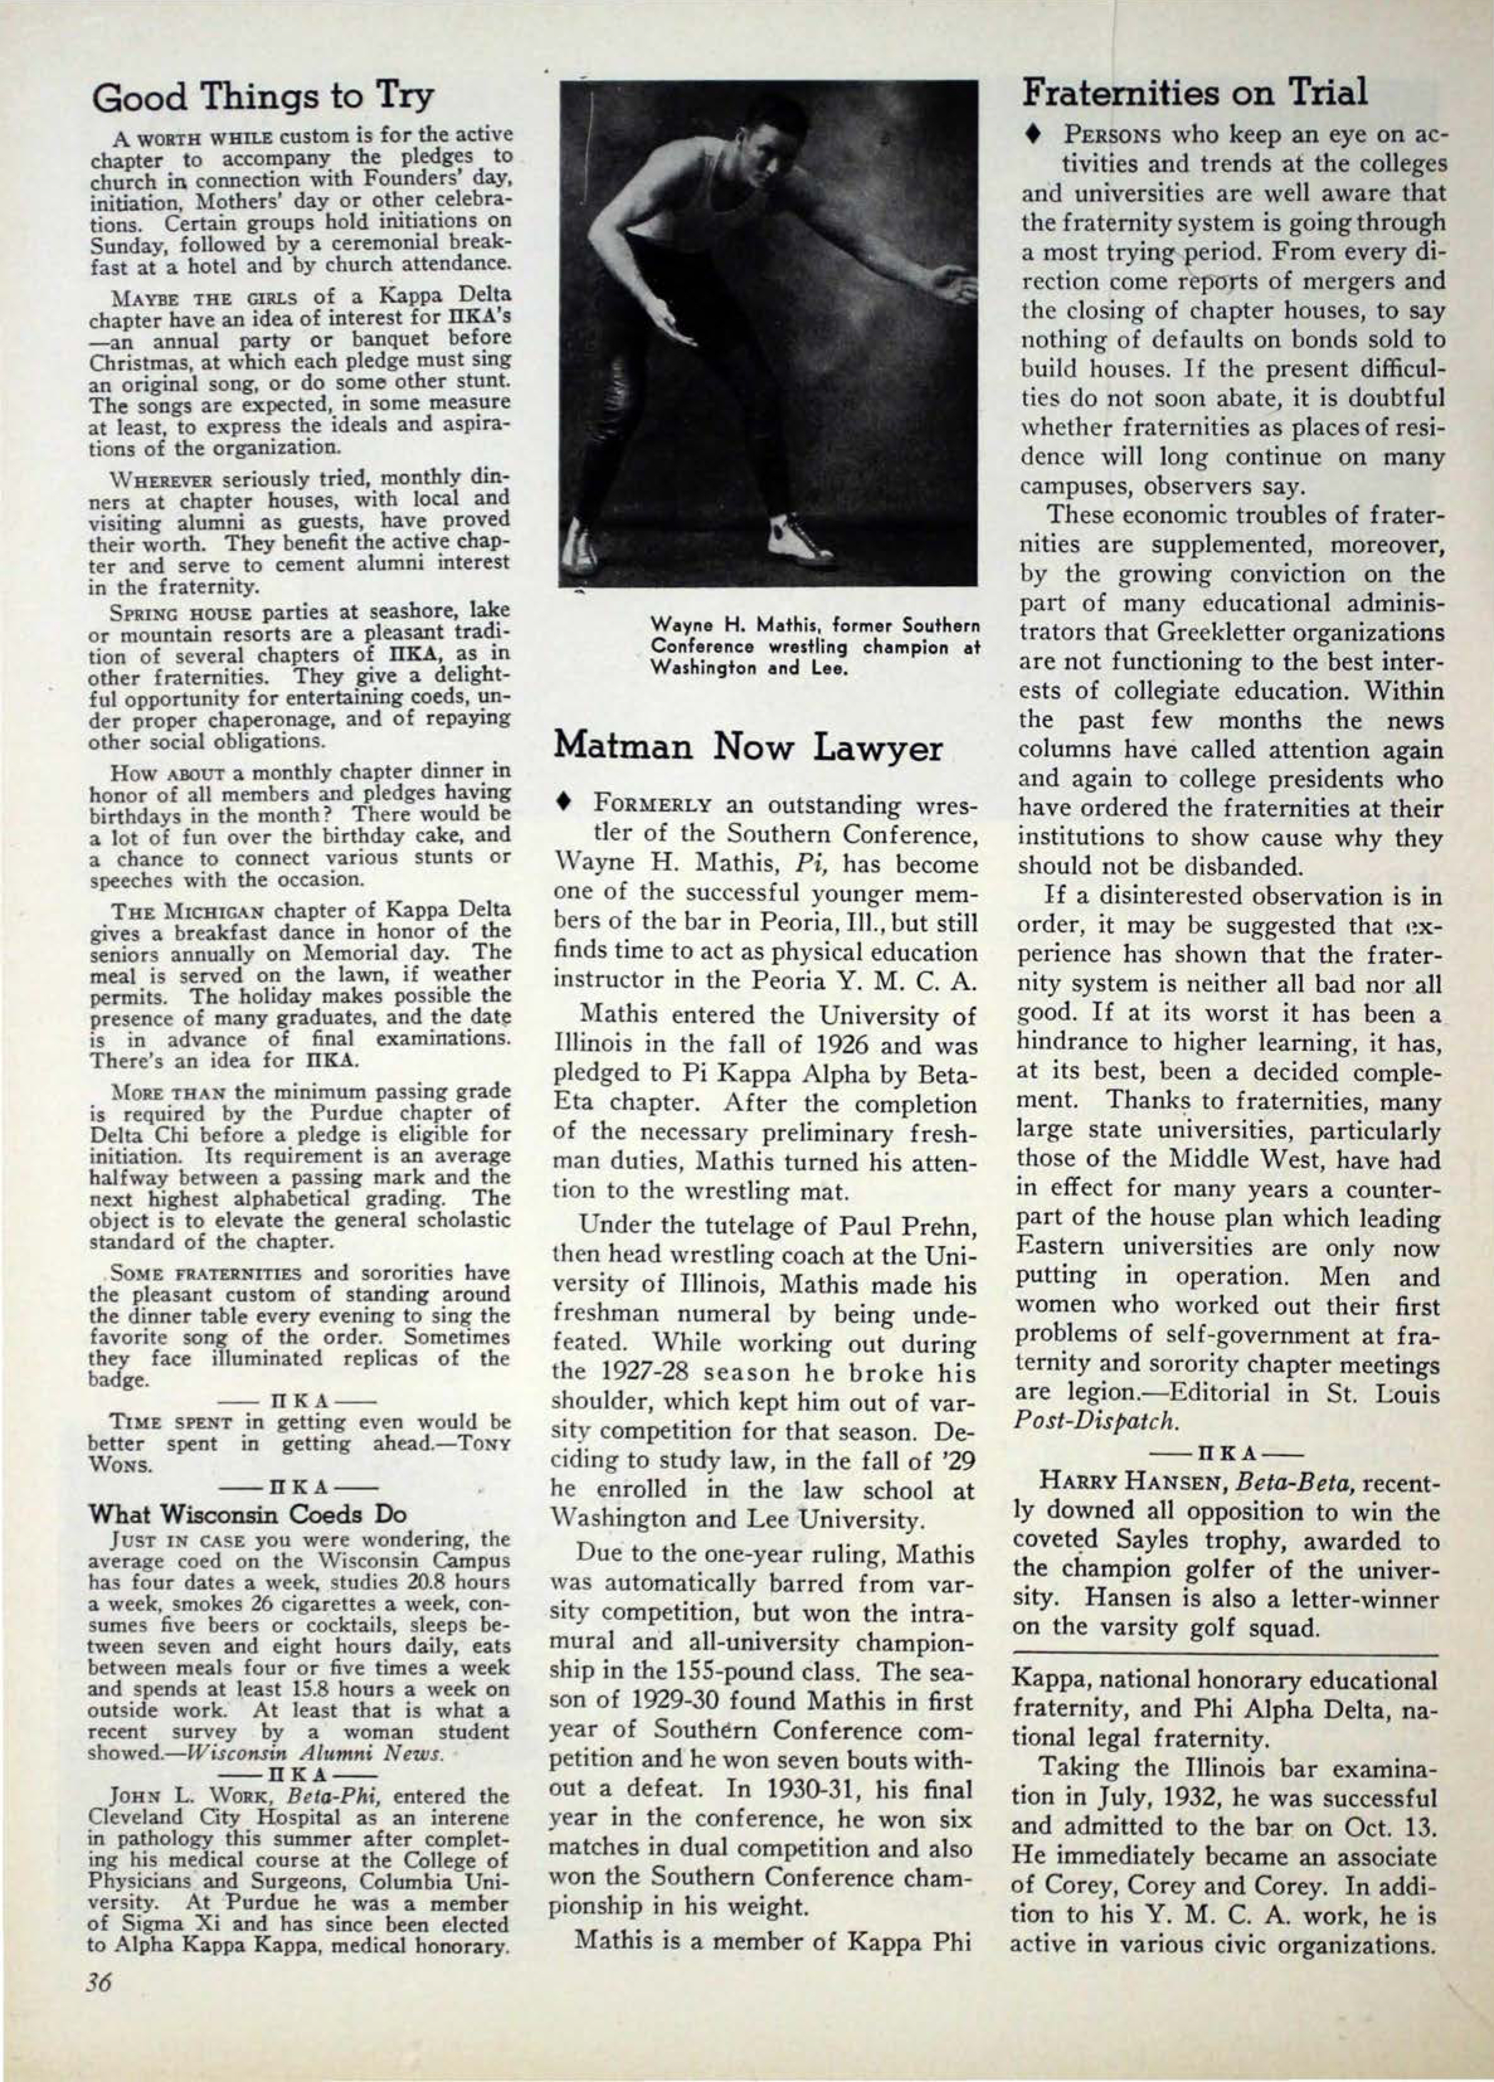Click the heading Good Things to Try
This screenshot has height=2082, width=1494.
pos(264,96)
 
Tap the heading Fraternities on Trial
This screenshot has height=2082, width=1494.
pos(1195,92)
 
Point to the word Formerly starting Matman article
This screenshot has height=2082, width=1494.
pos(653,806)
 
